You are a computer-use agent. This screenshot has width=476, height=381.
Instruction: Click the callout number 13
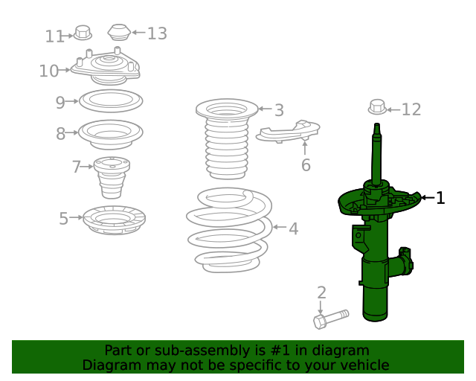click(157, 33)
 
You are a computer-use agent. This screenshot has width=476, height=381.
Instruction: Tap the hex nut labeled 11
click(83, 33)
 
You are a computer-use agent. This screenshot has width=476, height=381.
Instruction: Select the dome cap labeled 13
click(119, 32)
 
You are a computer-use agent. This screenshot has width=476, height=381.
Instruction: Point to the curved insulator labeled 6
click(288, 131)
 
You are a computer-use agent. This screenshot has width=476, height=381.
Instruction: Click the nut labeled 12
click(377, 107)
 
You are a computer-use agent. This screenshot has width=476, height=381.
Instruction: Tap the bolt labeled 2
click(331, 319)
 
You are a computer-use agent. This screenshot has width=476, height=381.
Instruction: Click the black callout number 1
click(440, 198)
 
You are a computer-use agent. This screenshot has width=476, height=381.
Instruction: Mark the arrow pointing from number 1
click(428, 198)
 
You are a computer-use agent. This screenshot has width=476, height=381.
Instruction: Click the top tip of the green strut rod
click(377, 124)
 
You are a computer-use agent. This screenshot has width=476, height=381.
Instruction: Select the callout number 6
click(306, 165)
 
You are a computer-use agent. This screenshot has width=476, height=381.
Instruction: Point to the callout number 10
click(48, 71)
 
